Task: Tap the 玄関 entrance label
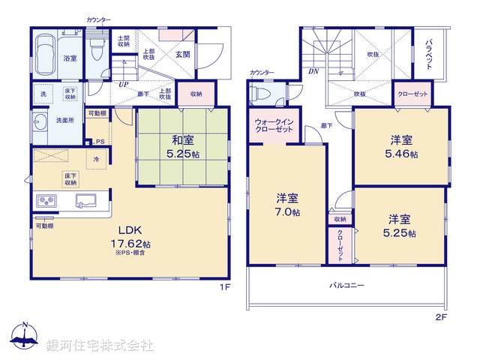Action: coord(182,54)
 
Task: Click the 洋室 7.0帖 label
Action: coord(287,205)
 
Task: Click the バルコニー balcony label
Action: coord(346,286)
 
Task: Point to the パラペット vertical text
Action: coord(429,54)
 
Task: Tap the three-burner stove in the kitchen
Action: coord(47,201)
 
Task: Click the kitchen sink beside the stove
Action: coord(83,201)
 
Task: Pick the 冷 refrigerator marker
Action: coord(96,158)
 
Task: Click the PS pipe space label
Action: coord(99,140)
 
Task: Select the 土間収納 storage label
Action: coord(124,40)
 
